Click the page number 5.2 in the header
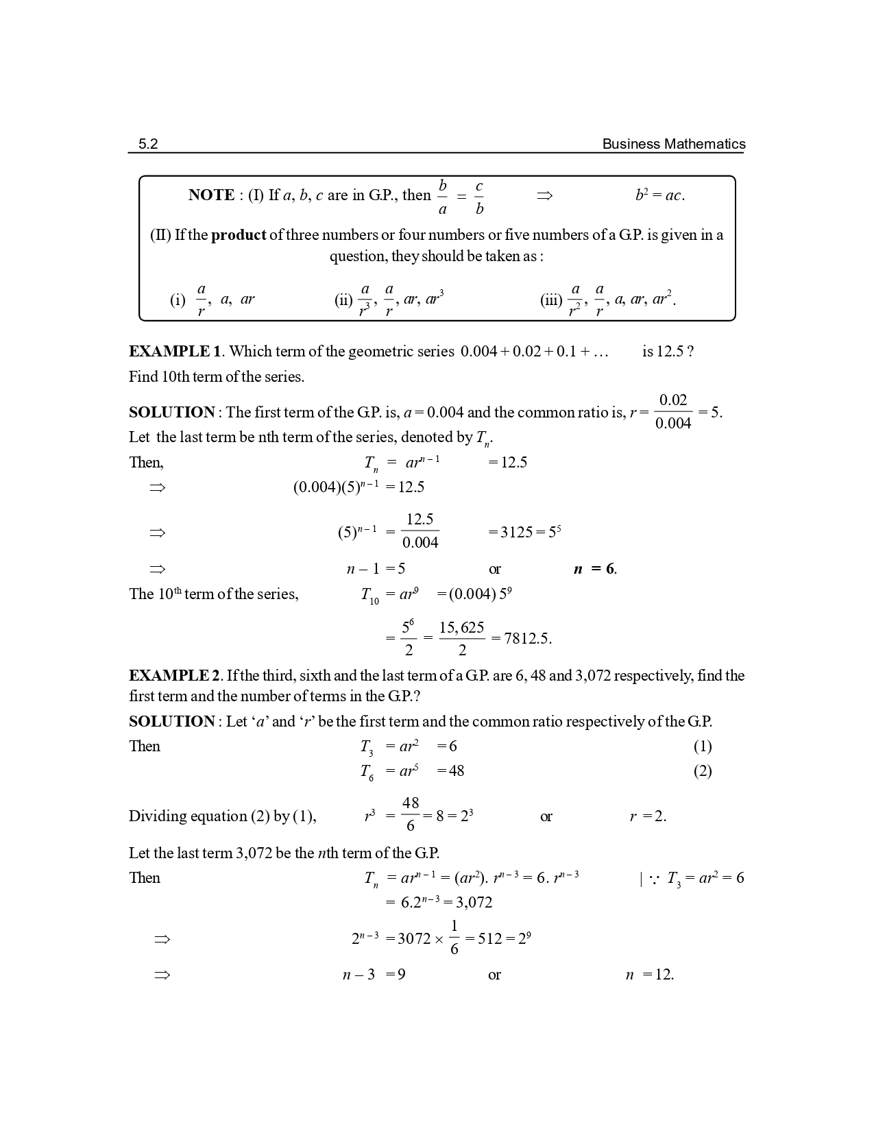(x=148, y=144)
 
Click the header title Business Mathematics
(x=673, y=144)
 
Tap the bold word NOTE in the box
(x=211, y=195)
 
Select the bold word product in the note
(x=239, y=235)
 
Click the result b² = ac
(x=659, y=195)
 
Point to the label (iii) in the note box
(x=550, y=300)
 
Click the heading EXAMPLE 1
(x=175, y=352)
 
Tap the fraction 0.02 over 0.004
(x=672, y=411)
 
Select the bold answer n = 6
(x=594, y=569)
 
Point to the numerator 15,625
(x=461, y=628)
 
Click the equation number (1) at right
(x=702, y=746)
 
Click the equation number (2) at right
(x=702, y=771)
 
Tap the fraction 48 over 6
(x=410, y=814)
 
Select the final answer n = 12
(x=649, y=975)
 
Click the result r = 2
(x=648, y=816)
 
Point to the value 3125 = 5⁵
(x=524, y=532)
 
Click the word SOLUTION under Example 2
(x=171, y=722)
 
